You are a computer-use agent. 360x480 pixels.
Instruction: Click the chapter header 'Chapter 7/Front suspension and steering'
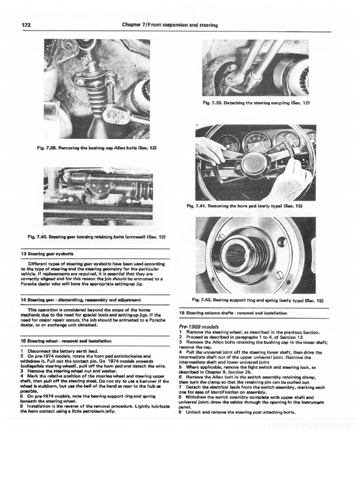pyautogui.click(x=169, y=24)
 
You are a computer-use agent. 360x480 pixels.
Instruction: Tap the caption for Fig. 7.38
pyautogui.click(x=96, y=148)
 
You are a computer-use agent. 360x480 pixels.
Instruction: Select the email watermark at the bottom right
pyautogui.click(x=309, y=425)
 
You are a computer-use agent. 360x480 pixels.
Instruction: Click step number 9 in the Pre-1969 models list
pyautogui.click(x=180, y=412)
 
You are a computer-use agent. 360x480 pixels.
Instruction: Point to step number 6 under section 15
pyautogui.click(x=22, y=409)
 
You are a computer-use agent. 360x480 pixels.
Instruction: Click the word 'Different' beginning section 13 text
pyautogui.click(x=38, y=263)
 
